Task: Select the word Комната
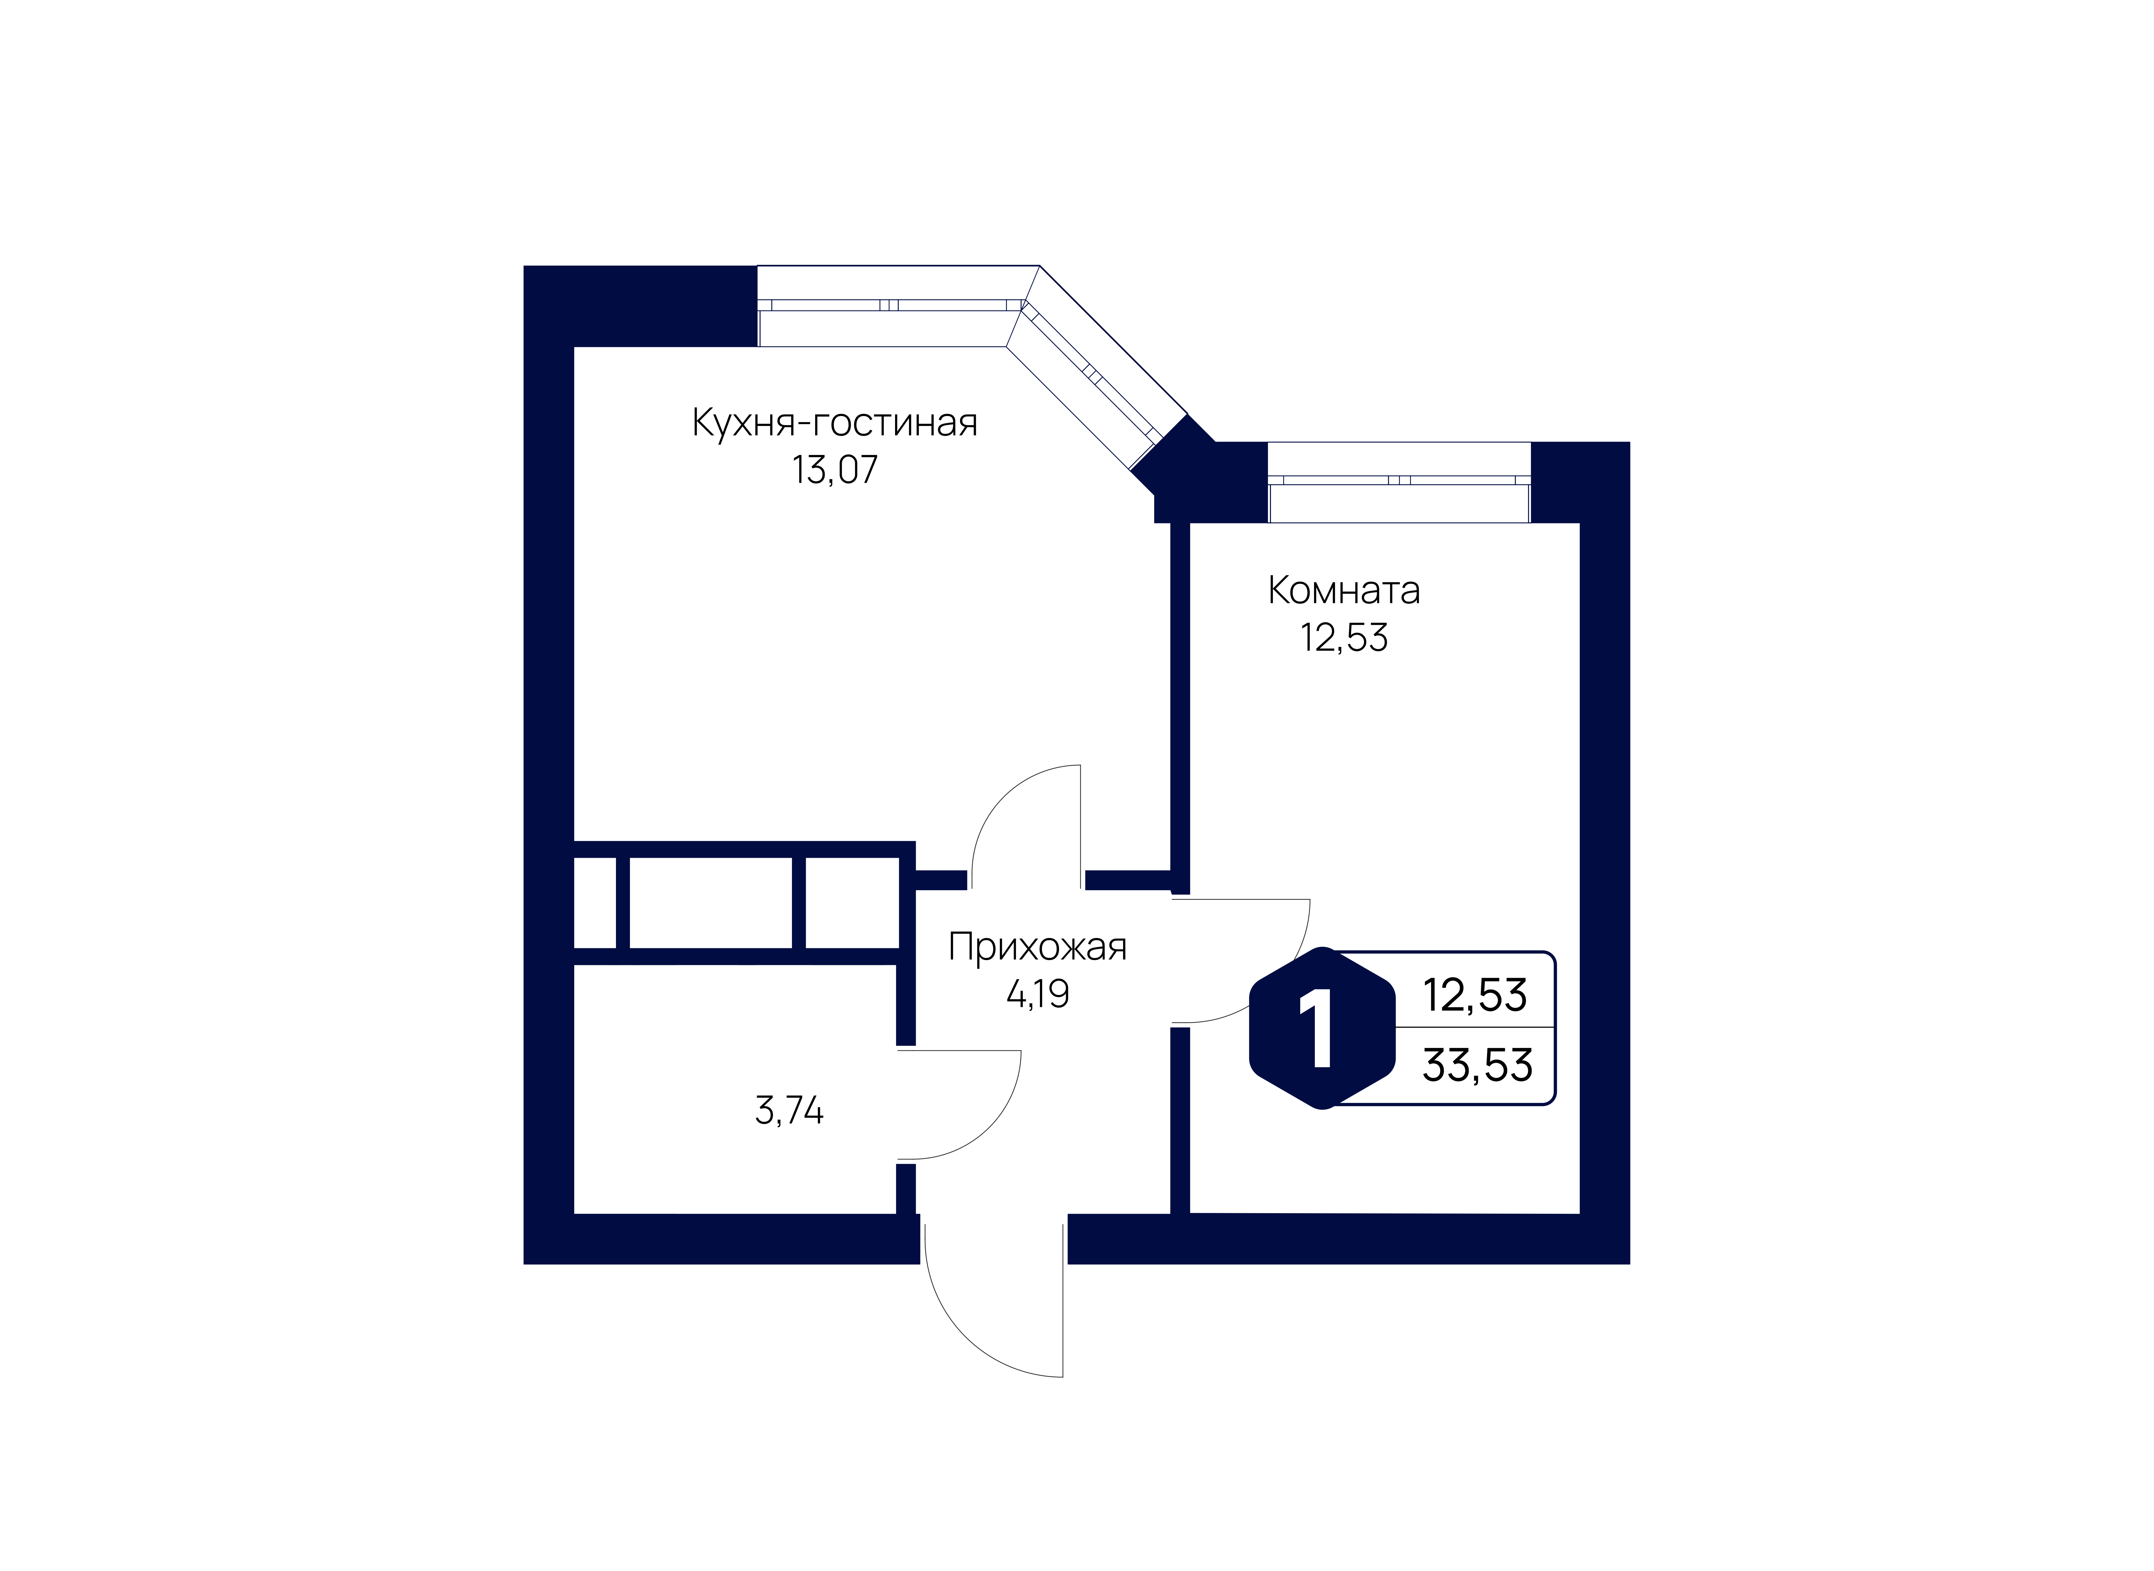click(1344, 590)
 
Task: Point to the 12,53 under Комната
click(1344, 637)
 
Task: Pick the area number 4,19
click(1037, 994)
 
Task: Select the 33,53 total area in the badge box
click(1477, 1065)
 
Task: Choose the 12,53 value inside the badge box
click(1475, 995)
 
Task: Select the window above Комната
click(1399, 482)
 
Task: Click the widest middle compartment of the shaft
click(710, 903)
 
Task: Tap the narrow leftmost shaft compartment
click(594, 903)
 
